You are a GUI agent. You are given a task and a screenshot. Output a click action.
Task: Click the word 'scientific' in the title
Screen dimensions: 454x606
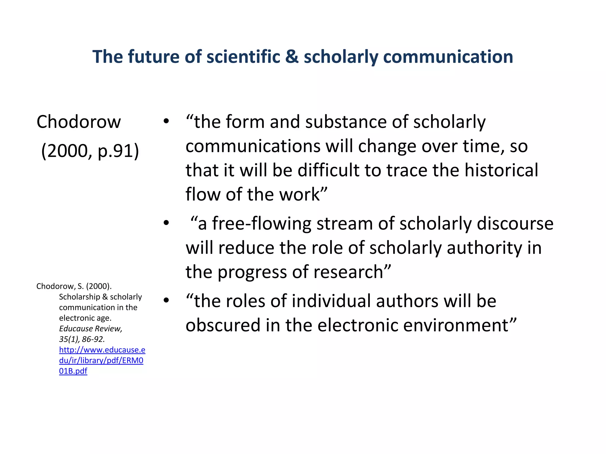coord(243,57)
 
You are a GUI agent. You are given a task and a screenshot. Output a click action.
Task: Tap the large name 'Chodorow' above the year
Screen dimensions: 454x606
coord(79,122)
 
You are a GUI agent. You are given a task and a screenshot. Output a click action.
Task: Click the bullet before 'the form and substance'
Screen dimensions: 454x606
coord(166,121)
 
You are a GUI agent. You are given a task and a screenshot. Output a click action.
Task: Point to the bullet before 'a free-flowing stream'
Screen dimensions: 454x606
coord(166,223)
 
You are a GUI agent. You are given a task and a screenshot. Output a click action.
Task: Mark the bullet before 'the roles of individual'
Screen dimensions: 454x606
coord(166,301)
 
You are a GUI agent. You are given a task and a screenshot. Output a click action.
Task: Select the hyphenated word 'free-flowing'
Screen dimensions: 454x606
coord(262,223)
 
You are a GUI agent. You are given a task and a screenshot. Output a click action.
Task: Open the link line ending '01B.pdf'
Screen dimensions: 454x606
coord(73,371)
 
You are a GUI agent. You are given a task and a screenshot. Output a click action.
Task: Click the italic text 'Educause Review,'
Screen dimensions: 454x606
coord(91,329)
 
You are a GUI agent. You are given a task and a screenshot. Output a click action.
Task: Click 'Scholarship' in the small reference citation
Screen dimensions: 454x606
coord(80,297)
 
